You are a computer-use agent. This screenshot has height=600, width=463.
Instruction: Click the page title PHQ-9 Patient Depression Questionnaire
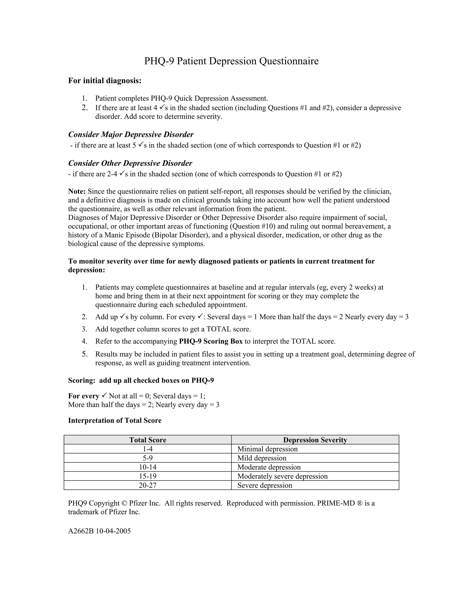pos(231,61)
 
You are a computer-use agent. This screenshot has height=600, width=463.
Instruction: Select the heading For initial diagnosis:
pos(105,81)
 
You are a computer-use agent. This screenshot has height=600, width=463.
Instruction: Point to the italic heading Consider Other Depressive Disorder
pos(130,163)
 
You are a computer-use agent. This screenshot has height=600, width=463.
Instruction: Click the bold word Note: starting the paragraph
pos(77,191)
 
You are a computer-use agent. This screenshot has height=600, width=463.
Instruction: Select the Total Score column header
pos(148,440)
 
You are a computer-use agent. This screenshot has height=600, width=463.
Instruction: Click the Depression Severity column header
pos(315,440)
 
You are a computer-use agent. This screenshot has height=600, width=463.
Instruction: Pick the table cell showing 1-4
pos(148,449)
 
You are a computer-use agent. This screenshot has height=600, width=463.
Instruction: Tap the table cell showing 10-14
pos(148,467)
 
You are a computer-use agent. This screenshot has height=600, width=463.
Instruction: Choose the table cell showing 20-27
pos(148,485)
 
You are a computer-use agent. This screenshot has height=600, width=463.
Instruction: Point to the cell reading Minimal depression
pos(267,449)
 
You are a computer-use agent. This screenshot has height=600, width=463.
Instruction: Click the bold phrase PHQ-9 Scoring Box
pos(211,341)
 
